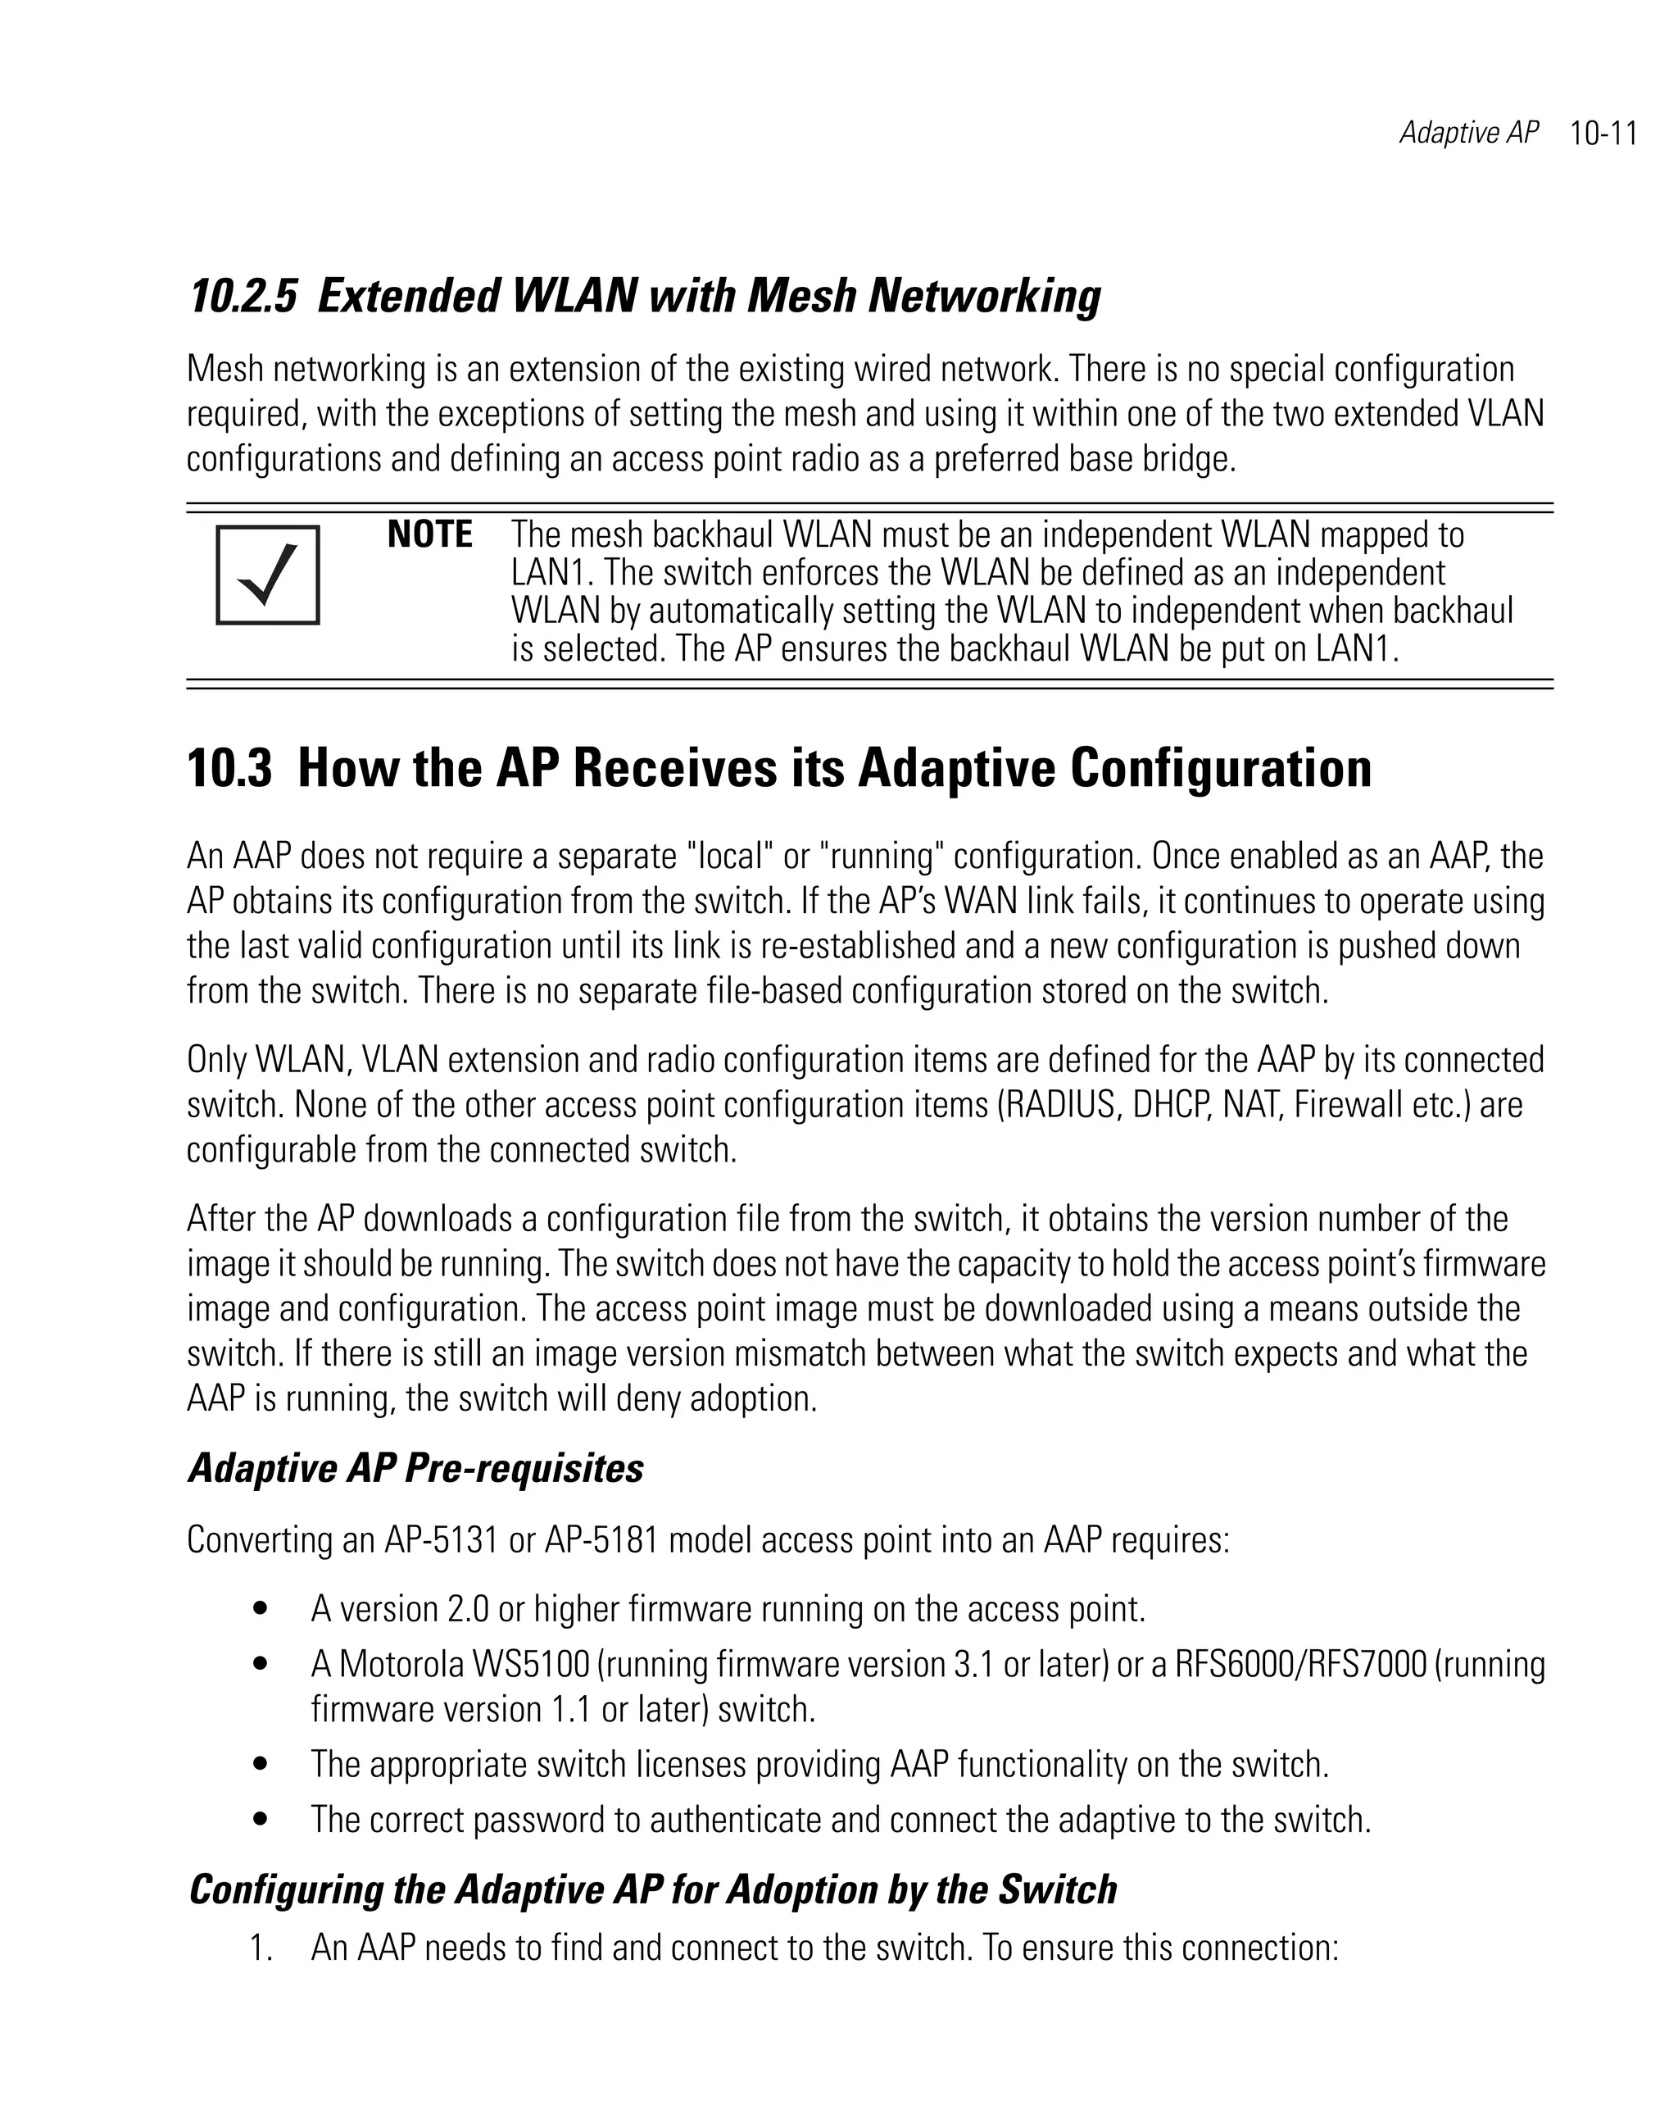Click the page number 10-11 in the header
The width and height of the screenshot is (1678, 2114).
pyautogui.click(x=1603, y=134)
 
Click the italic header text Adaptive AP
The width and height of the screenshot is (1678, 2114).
pyautogui.click(x=1468, y=134)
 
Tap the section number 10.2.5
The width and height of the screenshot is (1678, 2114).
pyautogui.click(x=241, y=296)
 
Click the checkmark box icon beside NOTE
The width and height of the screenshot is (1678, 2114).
pyautogui.click(x=268, y=575)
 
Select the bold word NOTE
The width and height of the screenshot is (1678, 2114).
pyautogui.click(x=429, y=535)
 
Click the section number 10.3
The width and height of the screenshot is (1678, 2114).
pyautogui.click(x=229, y=768)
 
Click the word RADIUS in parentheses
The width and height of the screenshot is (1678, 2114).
pyautogui.click(x=1060, y=1105)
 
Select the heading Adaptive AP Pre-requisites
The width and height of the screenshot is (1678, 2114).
pyautogui.click(x=415, y=1469)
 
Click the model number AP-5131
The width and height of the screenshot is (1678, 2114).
pyautogui.click(x=441, y=1540)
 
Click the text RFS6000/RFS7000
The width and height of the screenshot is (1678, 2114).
pyautogui.click(x=1300, y=1665)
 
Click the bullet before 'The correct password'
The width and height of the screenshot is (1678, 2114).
pyautogui.click(x=260, y=1819)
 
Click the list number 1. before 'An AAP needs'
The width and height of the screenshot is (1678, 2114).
pyautogui.click(x=260, y=1948)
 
